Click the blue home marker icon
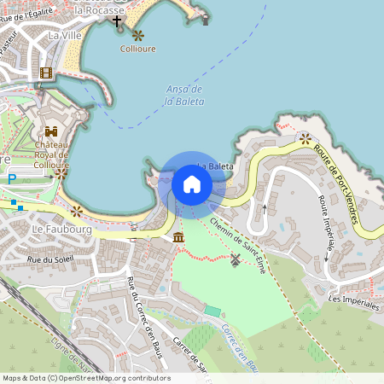tap(192, 183)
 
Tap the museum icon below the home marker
tap(177, 236)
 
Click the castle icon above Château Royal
tap(51, 132)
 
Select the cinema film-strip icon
tap(46, 73)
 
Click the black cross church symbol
tap(117, 20)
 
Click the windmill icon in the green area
tap(236, 259)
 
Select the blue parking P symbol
tap(12, 178)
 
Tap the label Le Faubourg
tap(55, 230)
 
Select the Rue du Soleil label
tap(50, 258)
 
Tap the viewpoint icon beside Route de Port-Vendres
tap(305, 137)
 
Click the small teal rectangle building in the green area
tap(212, 311)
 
